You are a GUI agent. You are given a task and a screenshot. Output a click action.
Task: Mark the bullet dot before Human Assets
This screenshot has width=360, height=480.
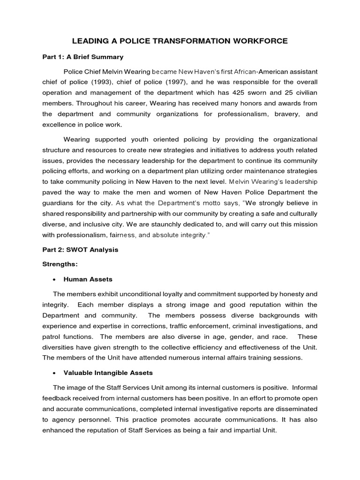pos(56,279)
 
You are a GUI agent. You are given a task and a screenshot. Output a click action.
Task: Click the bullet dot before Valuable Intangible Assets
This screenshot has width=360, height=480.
pos(56,373)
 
